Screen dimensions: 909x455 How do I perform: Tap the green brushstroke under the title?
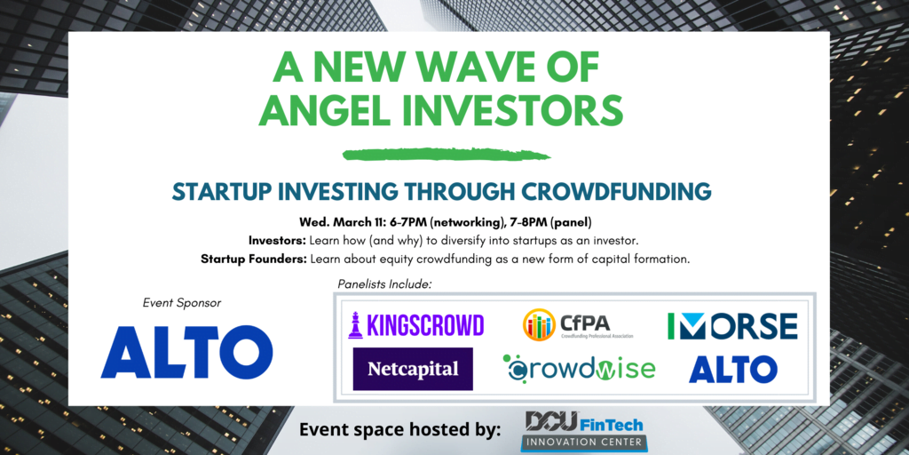point(447,155)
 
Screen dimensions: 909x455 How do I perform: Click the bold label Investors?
point(278,240)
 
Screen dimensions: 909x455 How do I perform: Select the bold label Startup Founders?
point(254,259)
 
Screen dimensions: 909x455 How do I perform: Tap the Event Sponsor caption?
point(182,302)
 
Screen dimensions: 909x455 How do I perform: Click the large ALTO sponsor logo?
point(186,352)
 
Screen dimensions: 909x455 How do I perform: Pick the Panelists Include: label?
point(385,284)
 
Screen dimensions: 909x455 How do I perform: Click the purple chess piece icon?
point(355,324)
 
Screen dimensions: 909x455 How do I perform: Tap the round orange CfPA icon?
point(539,324)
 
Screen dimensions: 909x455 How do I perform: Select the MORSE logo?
point(732,326)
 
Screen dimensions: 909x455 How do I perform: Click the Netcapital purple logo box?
point(413,369)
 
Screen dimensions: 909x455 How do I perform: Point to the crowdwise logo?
point(579,368)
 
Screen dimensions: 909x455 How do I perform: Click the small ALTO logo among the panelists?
point(733,369)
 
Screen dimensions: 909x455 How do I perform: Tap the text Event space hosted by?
point(400,430)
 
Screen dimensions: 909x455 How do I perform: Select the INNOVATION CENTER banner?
point(584,443)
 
